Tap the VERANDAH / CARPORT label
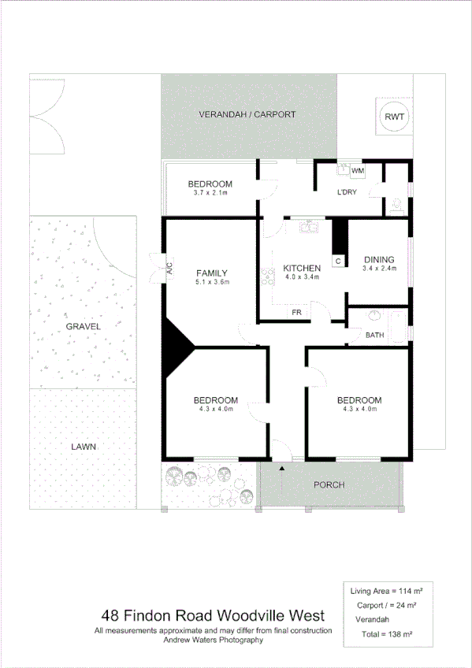pyautogui.click(x=247, y=114)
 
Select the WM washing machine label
pyautogui.click(x=358, y=171)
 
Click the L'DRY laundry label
pyautogui.click(x=347, y=192)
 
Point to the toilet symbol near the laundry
pyautogui.click(x=396, y=207)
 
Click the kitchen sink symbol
pyautogui.click(x=308, y=227)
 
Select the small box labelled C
pyautogui.click(x=339, y=261)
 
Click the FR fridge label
pyautogui.click(x=297, y=313)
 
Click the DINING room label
pyautogui.click(x=378, y=260)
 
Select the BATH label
pyautogui.click(x=374, y=336)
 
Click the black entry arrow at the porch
pyautogui.click(x=281, y=468)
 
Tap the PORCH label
pyautogui.click(x=329, y=484)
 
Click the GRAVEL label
pyautogui.click(x=84, y=325)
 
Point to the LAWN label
pyautogui.click(x=83, y=446)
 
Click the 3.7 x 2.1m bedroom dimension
pyautogui.click(x=210, y=193)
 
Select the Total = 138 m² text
pyautogui.click(x=382, y=634)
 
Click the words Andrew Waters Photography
pyautogui.click(x=213, y=640)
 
